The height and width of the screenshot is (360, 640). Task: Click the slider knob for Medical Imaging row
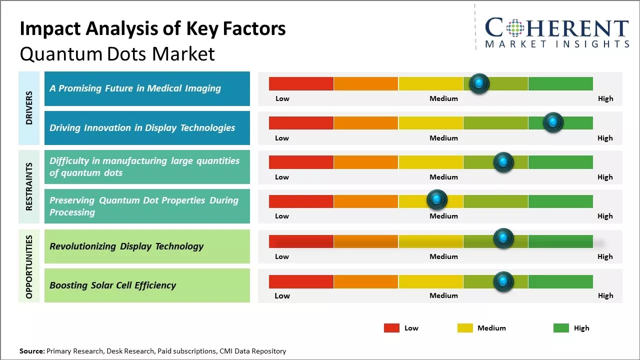[x=479, y=83]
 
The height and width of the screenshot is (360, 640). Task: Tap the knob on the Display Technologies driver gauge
[x=553, y=122]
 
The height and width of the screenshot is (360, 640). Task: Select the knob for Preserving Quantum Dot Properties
[x=437, y=200]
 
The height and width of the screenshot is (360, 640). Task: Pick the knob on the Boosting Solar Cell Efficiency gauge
[x=503, y=282]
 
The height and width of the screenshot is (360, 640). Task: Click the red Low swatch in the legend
[x=391, y=328]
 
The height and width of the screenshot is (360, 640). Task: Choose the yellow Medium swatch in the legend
[x=465, y=328]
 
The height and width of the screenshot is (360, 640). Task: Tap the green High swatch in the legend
[x=561, y=328]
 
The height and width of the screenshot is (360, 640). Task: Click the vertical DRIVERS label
[x=29, y=108]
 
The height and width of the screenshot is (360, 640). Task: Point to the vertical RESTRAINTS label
[x=29, y=186]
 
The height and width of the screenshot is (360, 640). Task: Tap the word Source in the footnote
[x=31, y=351]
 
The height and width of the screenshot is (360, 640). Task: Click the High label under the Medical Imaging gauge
[x=605, y=98]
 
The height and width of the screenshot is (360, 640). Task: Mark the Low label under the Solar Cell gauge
[x=282, y=295]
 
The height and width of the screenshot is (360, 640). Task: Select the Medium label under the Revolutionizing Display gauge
[x=443, y=256]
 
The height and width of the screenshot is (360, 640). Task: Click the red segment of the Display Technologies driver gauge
[x=301, y=123]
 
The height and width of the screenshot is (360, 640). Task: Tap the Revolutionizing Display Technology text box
[x=147, y=246]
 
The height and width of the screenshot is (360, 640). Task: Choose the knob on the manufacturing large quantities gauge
[x=503, y=162]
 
